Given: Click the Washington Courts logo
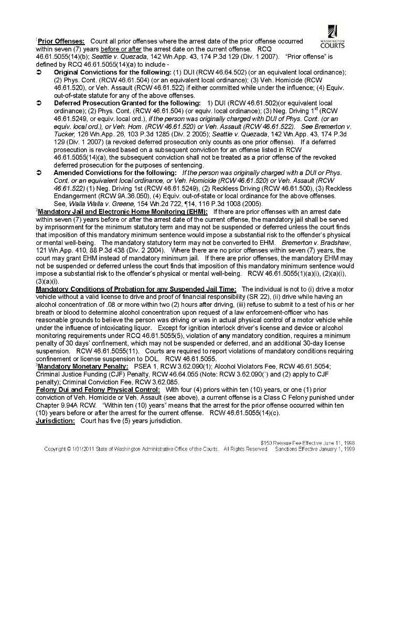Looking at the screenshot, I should click(332, 36).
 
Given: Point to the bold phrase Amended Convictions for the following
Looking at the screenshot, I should click(115, 173).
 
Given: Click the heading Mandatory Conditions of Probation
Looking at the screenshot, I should click(136, 289).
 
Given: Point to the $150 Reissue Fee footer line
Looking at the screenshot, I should click(307, 443).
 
